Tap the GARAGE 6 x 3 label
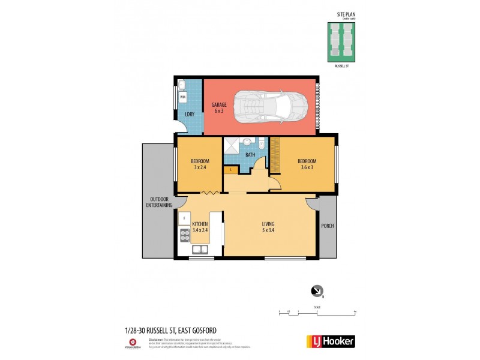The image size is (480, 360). coord(218,108)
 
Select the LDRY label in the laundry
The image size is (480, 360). coord(189,115)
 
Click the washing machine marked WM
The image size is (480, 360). coord(183,97)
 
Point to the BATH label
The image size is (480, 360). coord(250,155)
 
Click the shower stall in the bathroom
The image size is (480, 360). coord(232,146)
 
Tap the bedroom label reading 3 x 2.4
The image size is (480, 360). coord(200,164)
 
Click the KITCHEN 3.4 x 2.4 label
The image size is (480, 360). coord(200,227)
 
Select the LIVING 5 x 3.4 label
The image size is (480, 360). coord(268,227)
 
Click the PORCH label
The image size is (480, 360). coord(328,226)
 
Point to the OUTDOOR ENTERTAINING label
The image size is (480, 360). coord(160,202)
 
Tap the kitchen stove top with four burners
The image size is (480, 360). coord(184,236)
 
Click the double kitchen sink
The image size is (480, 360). coord(200,250)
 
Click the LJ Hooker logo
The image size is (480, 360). coord(331,341)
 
